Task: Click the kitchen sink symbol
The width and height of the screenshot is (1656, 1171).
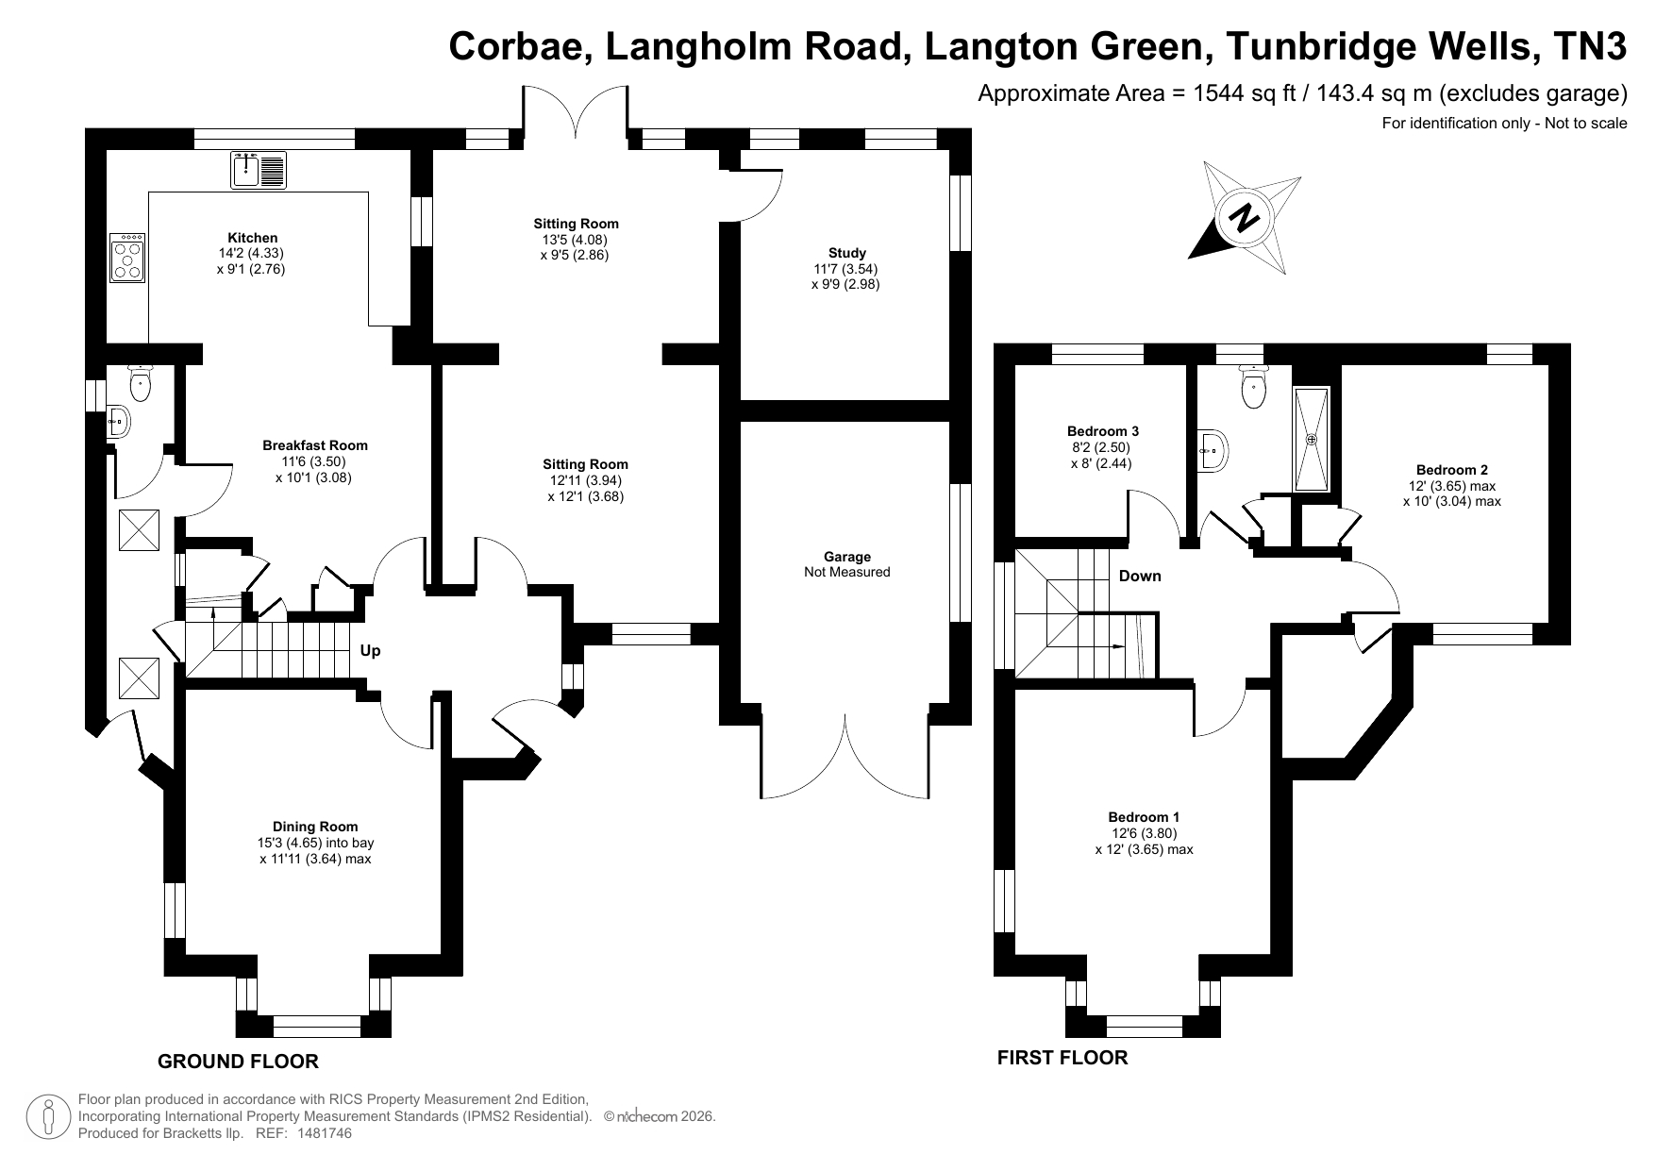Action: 259,170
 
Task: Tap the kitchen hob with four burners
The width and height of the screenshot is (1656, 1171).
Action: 127,257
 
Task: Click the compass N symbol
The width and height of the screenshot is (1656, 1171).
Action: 1245,218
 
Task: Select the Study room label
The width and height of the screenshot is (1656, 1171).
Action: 847,253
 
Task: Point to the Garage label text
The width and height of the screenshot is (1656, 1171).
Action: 847,557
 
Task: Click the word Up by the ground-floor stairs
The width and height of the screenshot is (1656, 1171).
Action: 371,651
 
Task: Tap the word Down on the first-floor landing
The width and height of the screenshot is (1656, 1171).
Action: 1140,577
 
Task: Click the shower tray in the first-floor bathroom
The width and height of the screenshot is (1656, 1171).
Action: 1312,439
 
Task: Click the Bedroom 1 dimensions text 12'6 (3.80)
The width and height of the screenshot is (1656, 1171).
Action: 1144,833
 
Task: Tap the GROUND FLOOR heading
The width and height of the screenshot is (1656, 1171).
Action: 238,1062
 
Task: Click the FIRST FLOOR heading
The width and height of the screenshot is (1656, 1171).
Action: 1062,1058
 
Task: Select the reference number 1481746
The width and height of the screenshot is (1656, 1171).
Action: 325,1133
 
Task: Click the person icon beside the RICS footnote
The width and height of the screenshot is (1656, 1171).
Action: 48,1117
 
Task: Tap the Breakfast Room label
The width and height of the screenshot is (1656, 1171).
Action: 315,445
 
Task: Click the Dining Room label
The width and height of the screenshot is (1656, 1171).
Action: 315,827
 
